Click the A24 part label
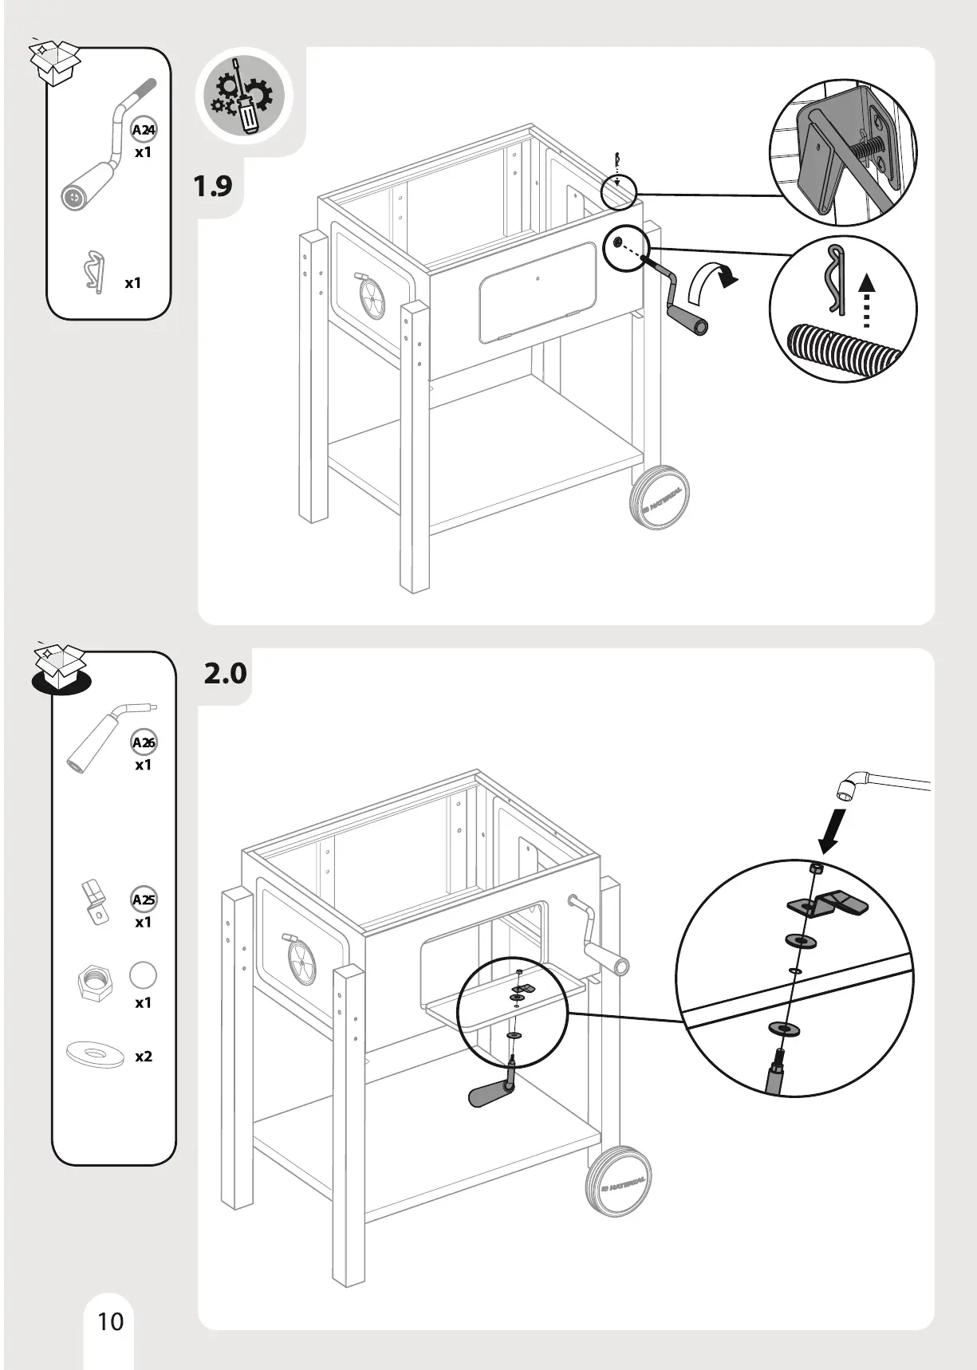tap(144, 130)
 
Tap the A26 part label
tap(144, 742)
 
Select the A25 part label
tap(144, 900)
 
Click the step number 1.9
tap(213, 187)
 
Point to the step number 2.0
tap(225, 674)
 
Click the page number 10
tap(111, 1321)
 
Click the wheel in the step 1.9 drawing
tap(660, 498)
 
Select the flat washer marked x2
tap(96, 1054)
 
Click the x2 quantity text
tap(144, 1057)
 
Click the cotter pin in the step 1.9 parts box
tap(94, 271)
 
